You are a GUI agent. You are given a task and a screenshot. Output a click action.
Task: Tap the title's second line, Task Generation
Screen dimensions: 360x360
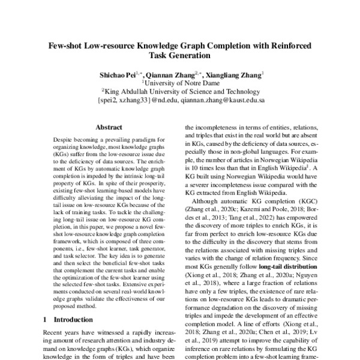tap(180, 56)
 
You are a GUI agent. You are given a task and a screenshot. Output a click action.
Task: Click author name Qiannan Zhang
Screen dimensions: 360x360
tap(173, 76)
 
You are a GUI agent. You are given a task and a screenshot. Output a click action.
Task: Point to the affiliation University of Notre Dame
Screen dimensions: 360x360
tap(181, 84)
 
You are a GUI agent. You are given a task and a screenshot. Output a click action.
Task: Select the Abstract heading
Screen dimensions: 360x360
tap(109, 127)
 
